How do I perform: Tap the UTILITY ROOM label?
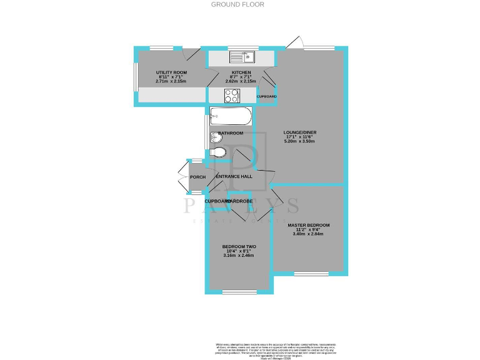171,73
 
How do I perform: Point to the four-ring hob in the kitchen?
231,96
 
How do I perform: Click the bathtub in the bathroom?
231,115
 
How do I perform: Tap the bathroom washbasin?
216,137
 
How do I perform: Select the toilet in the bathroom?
218,152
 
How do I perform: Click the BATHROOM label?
231,133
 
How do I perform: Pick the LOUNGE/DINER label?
301,132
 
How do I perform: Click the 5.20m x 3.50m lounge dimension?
301,142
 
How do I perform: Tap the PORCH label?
197,177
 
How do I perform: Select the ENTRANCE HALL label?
234,176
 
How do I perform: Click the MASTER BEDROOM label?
308,224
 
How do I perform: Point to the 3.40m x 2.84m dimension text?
308,234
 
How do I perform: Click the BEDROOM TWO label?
239,246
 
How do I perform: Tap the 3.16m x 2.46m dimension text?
239,256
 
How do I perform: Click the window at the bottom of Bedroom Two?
239,292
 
